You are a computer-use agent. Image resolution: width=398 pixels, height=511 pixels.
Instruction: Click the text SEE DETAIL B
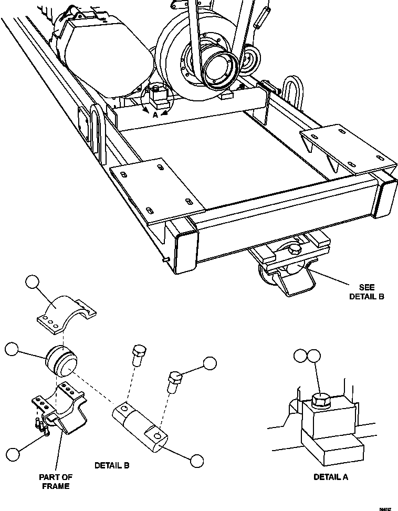point(367,292)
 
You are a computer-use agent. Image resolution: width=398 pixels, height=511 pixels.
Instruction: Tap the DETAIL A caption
point(330,477)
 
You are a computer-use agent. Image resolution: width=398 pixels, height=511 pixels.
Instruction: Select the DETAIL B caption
point(112,465)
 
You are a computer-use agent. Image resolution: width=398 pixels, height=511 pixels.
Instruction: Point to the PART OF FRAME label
point(56,482)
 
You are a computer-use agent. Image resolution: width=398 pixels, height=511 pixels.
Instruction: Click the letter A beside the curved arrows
point(155,114)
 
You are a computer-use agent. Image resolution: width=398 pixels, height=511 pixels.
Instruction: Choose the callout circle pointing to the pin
point(196,461)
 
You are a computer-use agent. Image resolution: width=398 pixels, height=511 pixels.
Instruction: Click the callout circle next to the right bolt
point(210,363)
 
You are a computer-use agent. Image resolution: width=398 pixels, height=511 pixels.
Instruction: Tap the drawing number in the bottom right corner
point(385,508)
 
